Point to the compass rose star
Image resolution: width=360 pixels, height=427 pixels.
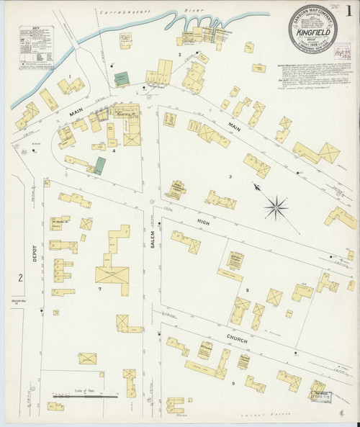click(x=274, y=209)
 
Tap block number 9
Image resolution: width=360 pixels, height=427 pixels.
click(x=233, y=383)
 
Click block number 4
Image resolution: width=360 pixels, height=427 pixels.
click(x=113, y=150)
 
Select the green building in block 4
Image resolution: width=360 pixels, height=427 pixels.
click(x=99, y=165)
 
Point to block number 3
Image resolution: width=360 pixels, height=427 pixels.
click(x=230, y=176)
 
